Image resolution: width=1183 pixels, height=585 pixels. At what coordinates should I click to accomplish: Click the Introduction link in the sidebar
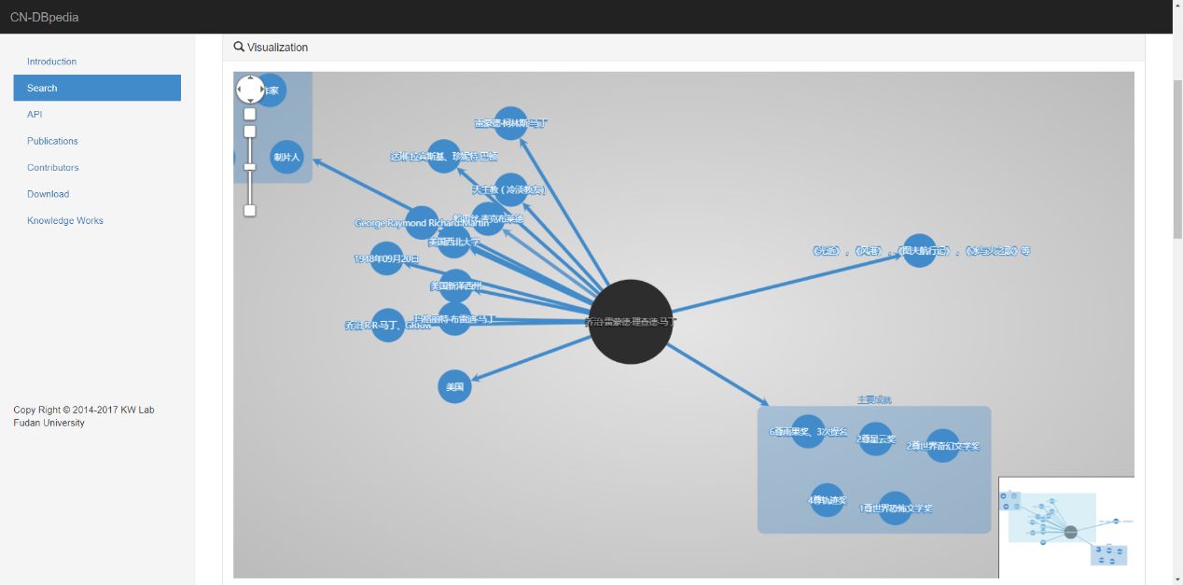pyautogui.click(x=51, y=62)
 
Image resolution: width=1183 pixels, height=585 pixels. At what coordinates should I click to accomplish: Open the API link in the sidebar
pyautogui.click(x=35, y=115)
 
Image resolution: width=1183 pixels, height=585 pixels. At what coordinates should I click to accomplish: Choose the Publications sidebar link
pyautogui.click(x=52, y=141)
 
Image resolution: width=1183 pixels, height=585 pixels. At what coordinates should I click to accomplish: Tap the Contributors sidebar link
pyautogui.click(x=53, y=168)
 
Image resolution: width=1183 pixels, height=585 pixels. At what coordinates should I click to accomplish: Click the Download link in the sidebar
pyautogui.click(x=48, y=194)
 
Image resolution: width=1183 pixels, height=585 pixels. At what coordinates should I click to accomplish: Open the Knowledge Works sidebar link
pyautogui.click(x=65, y=221)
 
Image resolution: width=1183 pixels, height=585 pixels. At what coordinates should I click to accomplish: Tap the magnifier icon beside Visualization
pyautogui.click(x=239, y=47)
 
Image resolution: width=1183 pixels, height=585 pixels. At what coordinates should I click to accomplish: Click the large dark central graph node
pyautogui.click(x=631, y=322)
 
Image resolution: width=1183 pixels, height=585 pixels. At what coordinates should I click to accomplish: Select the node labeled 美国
pyautogui.click(x=454, y=386)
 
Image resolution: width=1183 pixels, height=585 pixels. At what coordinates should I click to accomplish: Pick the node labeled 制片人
pyautogui.click(x=286, y=157)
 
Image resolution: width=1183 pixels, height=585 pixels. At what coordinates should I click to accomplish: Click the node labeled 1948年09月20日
pyautogui.click(x=386, y=258)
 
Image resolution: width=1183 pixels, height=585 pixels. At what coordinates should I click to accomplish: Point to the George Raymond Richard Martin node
pyautogui.click(x=422, y=223)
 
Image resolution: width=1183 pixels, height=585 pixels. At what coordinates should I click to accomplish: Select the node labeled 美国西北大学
pyautogui.click(x=453, y=242)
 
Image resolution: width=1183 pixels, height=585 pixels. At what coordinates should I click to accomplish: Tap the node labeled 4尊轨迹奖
pyautogui.click(x=827, y=500)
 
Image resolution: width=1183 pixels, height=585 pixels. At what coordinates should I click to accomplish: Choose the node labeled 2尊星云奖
pyautogui.click(x=875, y=439)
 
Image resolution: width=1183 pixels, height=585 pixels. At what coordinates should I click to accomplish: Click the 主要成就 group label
pyautogui.click(x=874, y=399)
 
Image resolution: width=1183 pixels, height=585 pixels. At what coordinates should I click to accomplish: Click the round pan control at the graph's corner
pyautogui.click(x=250, y=90)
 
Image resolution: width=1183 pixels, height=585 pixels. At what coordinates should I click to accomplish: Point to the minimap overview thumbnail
pyautogui.click(x=1066, y=528)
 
